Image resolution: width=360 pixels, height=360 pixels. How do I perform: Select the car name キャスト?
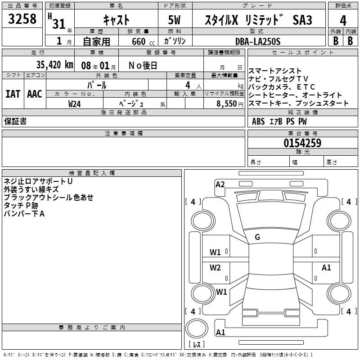coord(116,19)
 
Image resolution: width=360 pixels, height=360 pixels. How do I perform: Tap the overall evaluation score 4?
coord(343,20)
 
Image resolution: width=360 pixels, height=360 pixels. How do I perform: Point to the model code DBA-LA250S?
coord(258,41)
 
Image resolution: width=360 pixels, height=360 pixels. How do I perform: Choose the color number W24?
coord(75,103)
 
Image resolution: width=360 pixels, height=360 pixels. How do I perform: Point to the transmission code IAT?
coord(13,94)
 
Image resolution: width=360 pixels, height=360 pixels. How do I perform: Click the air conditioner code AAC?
coord(35,94)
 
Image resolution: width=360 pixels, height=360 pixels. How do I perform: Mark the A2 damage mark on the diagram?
coord(220,184)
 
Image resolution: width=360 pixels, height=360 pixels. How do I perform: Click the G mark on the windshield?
coord(257,237)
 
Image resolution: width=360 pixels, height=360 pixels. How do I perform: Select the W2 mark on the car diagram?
coord(215,268)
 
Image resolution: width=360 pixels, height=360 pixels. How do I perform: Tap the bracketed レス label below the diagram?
coord(196,345)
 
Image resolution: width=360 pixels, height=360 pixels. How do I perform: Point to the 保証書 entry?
coord(15,121)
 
